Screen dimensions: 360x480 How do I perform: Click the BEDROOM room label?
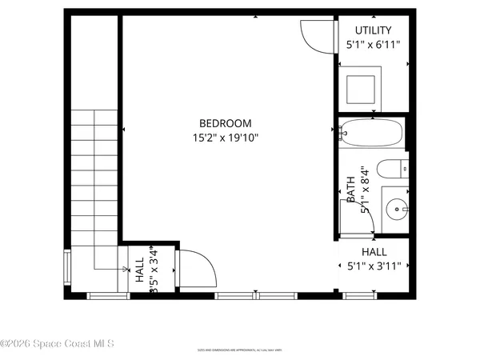coord(226,123)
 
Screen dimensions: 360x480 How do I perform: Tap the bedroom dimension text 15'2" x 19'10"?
coord(226,138)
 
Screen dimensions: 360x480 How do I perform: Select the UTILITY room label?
coord(373,30)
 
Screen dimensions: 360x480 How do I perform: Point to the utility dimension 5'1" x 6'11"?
coord(373,46)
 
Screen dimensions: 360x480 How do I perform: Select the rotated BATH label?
coord(350,192)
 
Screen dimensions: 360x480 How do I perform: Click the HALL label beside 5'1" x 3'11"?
coord(374,251)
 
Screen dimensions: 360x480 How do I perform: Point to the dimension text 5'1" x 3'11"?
coord(374,266)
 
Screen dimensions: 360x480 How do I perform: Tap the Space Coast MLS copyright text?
coord(57,344)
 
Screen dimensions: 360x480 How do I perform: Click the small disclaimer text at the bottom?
coord(239,350)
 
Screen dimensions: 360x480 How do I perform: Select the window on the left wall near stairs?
coord(67,269)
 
